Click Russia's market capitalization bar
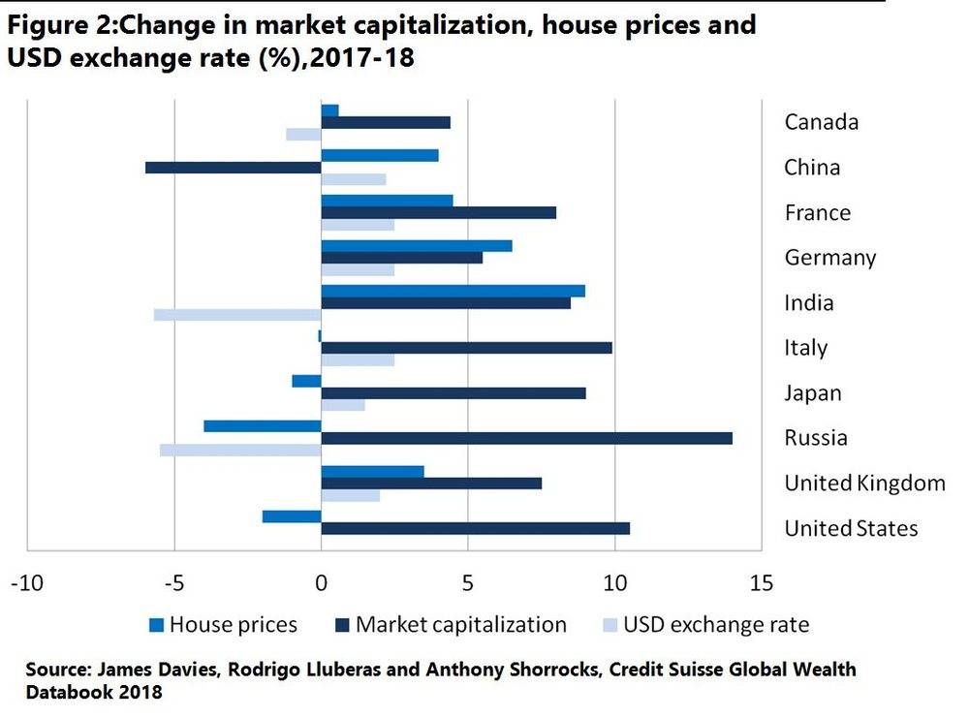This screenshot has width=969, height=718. tap(526, 438)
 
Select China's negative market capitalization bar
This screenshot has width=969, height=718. tap(233, 168)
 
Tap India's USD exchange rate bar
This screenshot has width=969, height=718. tap(237, 314)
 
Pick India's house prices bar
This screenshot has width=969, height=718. tap(453, 291)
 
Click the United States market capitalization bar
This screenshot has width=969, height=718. tap(475, 528)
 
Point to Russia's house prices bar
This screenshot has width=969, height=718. tap(262, 425)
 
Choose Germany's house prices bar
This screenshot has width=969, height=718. tap(417, 246)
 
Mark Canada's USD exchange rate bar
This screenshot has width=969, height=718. tap(303, 134)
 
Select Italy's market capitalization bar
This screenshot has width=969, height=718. tap(466, 347)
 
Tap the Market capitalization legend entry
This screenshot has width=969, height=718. tap(452, 624)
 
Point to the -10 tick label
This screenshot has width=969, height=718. tap(26, 583)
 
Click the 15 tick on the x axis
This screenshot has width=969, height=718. tap(762, 583)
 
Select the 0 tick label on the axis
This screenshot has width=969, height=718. tap(321, 583)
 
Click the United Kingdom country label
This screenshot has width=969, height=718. tap(864, 483)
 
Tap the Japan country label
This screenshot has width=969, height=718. tap(813, 393)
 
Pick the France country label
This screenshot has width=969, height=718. tap(818, 212)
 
